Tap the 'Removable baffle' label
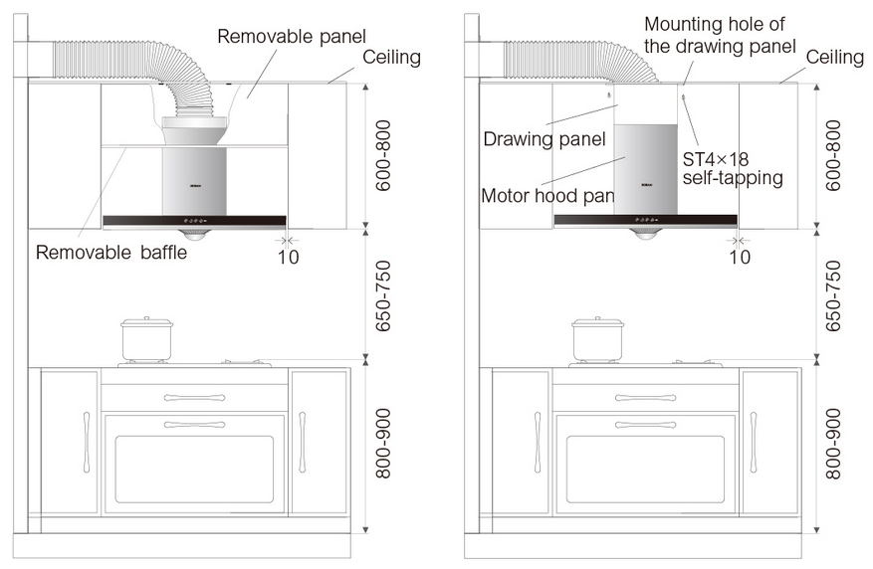(110, 253)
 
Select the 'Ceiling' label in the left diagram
(391, 58)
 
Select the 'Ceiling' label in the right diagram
(834, 58)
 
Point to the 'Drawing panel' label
(544, 138)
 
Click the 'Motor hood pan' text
(546, 195)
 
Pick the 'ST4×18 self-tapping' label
(733, 168)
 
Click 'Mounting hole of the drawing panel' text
(720, 34)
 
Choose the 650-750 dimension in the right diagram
(833, 295)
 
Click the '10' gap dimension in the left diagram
(286, 257)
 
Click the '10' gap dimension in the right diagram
(739, 257)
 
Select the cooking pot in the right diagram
(597, 340)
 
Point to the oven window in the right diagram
(646, 469)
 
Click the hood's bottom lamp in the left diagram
(197, 234)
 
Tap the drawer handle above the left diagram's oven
(194, 398)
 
